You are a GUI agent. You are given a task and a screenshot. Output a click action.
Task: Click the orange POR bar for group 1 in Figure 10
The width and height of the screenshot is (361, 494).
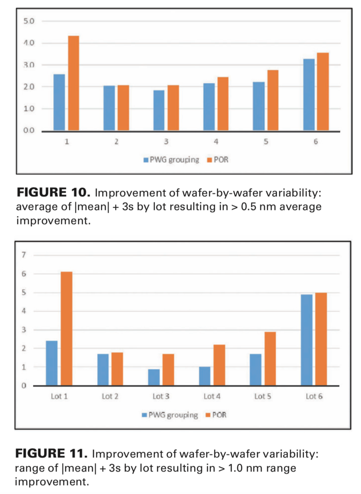73,83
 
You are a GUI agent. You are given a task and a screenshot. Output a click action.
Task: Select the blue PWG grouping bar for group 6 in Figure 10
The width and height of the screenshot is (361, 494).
309,95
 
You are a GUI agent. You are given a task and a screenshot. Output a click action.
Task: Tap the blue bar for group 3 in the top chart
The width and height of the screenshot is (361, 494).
159,111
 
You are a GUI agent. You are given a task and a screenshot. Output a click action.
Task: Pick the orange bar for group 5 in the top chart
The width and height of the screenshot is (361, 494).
272,101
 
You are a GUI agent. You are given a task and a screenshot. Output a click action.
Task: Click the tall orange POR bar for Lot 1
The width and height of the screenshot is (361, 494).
66,329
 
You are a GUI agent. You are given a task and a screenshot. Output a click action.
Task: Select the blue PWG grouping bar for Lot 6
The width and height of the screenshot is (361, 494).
307,340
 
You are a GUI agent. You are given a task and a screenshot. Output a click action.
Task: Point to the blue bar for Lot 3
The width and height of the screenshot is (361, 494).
154,377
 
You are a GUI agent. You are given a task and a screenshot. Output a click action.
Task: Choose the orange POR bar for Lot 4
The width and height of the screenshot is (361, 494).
219,365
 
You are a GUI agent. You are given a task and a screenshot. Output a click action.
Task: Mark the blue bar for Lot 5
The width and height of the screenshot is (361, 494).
255,370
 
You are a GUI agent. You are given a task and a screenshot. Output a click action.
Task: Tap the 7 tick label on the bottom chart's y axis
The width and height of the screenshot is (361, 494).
24,255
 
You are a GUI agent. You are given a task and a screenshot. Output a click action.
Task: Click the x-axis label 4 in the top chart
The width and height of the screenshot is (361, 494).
216,142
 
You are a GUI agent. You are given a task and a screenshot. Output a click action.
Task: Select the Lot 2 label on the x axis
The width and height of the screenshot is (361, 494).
110,397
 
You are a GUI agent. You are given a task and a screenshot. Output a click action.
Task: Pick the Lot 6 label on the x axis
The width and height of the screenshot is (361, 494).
314,397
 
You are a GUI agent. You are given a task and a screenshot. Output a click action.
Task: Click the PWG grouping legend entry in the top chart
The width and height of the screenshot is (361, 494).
171,160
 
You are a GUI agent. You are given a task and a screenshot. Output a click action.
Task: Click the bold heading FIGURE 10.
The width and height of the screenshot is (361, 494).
53,193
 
